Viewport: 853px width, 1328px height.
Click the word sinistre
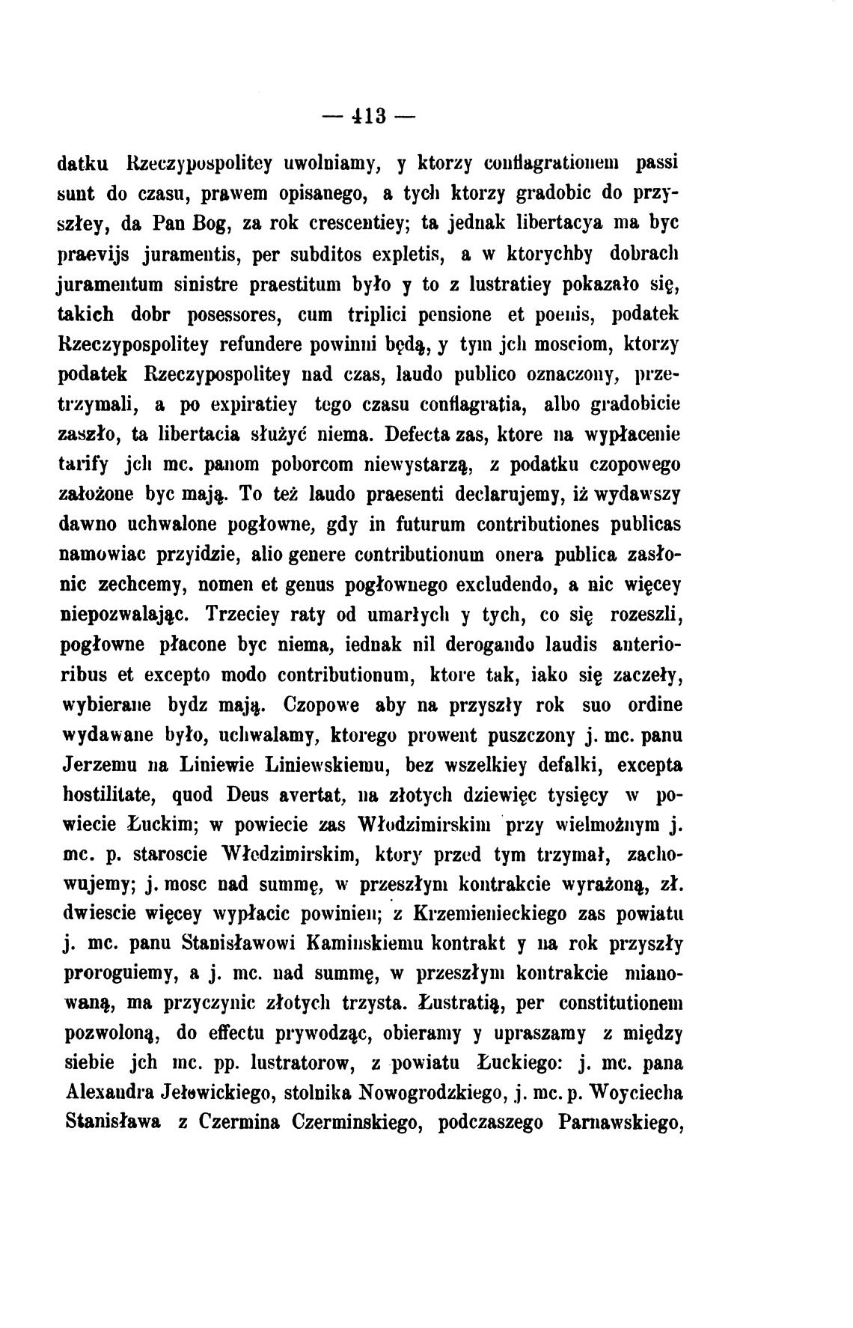pos(204,285)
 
